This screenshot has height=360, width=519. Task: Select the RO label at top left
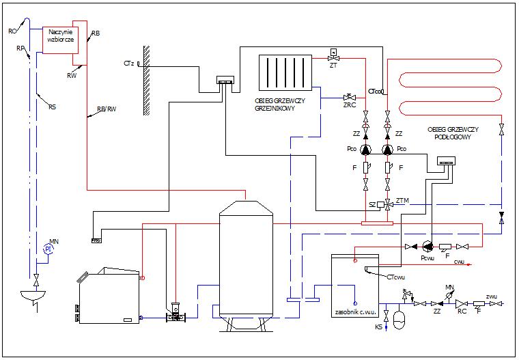coord(12,31)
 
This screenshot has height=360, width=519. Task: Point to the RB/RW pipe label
coord(107,109)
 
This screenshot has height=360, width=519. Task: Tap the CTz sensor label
coord(128,64)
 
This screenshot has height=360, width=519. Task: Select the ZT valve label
coord(333,66)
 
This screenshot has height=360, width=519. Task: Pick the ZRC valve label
coord(348,105)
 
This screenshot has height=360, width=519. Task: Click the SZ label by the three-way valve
coord(373,204)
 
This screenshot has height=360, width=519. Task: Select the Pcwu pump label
coord(427,258)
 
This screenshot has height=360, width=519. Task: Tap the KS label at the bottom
coord(379,328)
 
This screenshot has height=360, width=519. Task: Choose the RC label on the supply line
coord(462,311)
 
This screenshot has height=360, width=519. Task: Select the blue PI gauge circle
coord(48,250)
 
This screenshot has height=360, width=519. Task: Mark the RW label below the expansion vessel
coord(72,76)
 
